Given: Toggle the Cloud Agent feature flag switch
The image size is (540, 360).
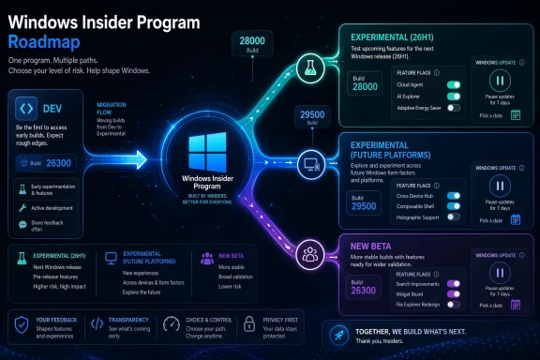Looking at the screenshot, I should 454,84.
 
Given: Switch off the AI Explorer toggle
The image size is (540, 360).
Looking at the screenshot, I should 454,97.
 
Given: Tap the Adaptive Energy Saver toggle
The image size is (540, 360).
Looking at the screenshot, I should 454,109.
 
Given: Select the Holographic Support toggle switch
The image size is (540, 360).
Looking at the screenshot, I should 454,217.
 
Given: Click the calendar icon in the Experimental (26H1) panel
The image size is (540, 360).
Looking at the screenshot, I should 514,114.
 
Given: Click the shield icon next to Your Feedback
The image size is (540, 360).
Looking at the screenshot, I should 20,323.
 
